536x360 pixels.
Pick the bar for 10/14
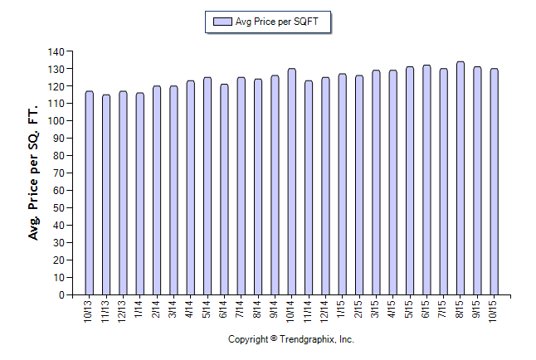pyautogui.click(x=291, y=182)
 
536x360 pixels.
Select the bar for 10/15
pyautogui.click(x=495, y=182)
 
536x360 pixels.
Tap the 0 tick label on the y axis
pyautogui.click(x=61, y=294)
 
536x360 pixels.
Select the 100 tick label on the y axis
pyautogui.click(x=56, y=121)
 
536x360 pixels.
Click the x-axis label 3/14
pyautogui.click(x=173, y=310)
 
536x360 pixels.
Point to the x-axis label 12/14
pyautogui.click(x=325, y=312)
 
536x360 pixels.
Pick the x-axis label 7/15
pyautogui.click(x=444, y=310)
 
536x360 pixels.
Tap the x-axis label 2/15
pyautogui.click(x=359, y=310)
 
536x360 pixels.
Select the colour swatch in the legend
pyautogui.click(x=222, y=22)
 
